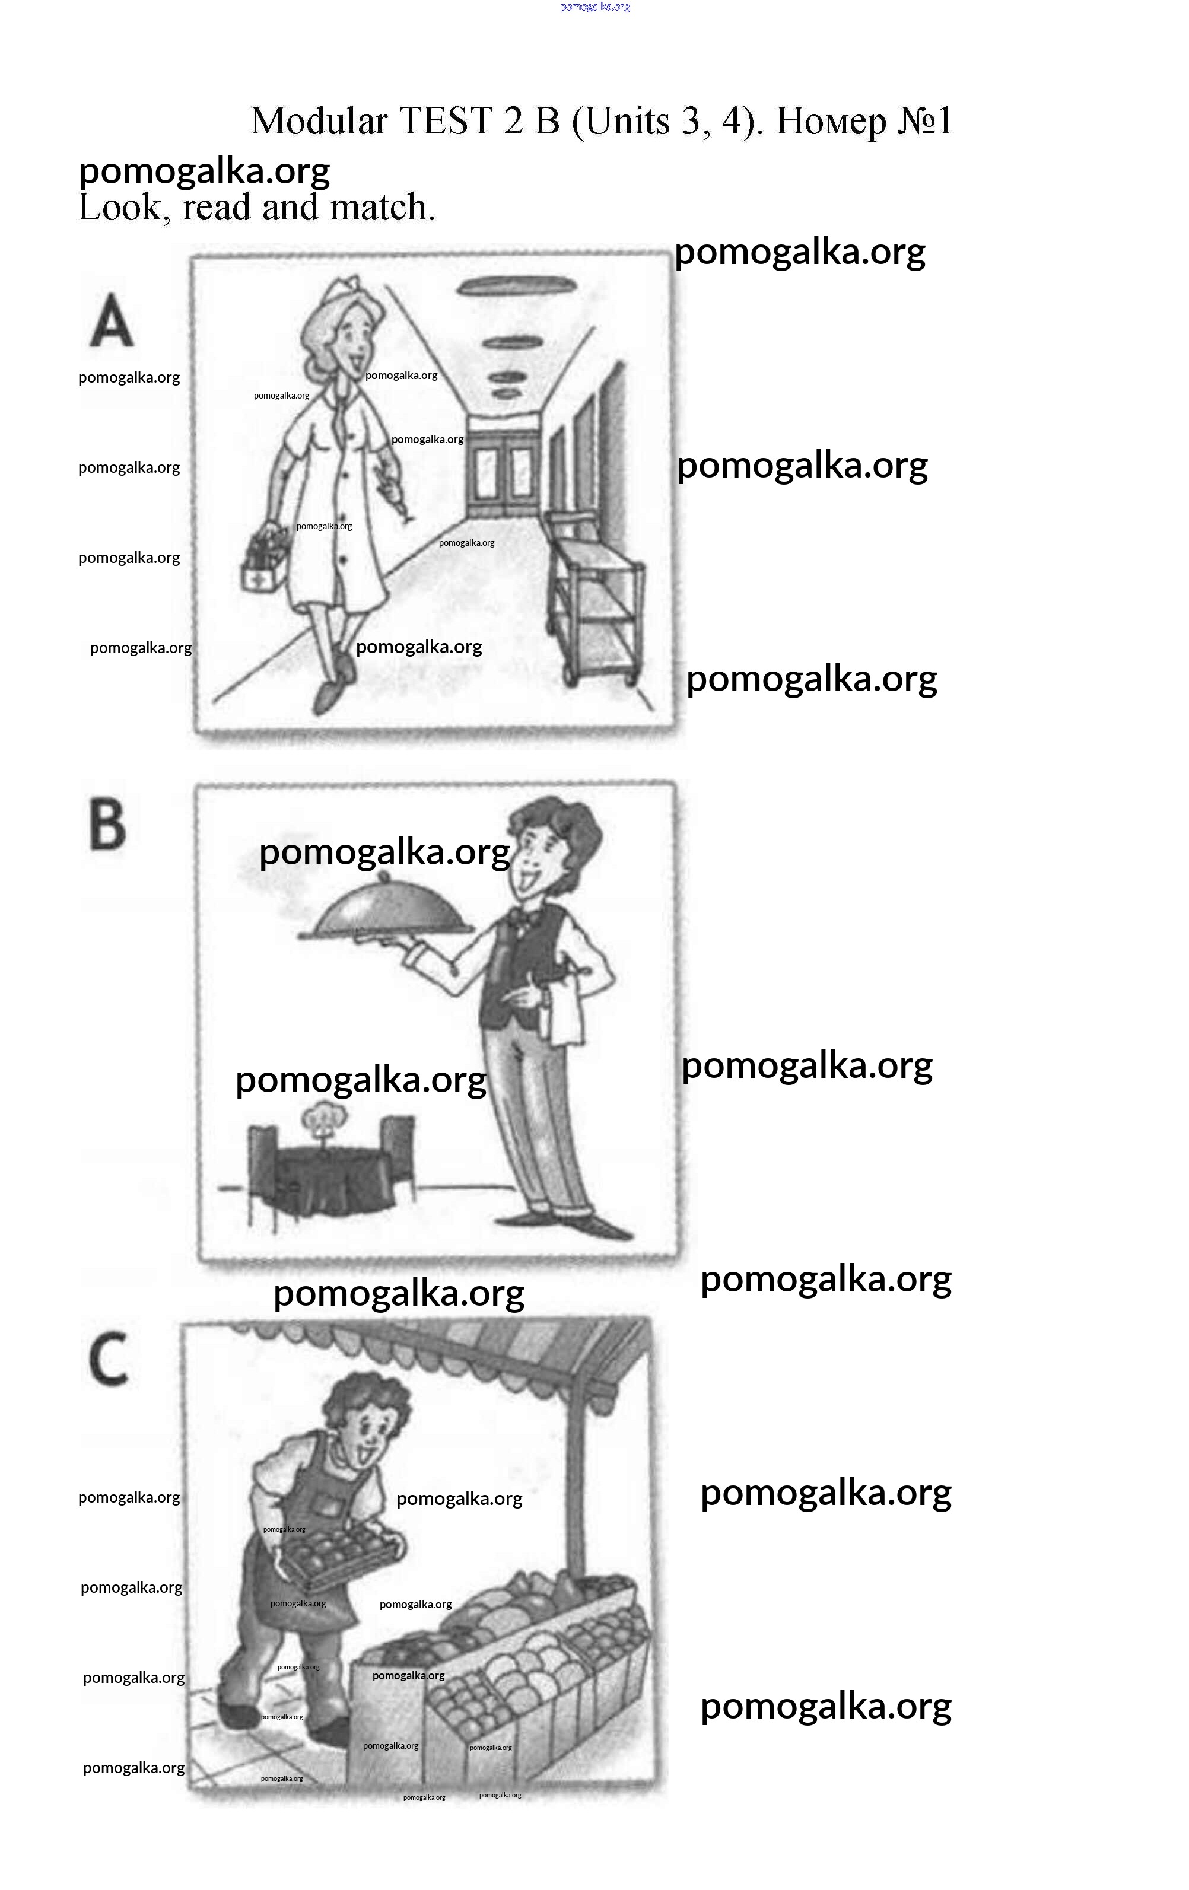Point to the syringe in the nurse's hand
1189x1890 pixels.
[x=396, y=490]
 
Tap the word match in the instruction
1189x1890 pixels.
[x=382, y=208]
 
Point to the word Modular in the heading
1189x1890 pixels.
[x=319, y=122]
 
